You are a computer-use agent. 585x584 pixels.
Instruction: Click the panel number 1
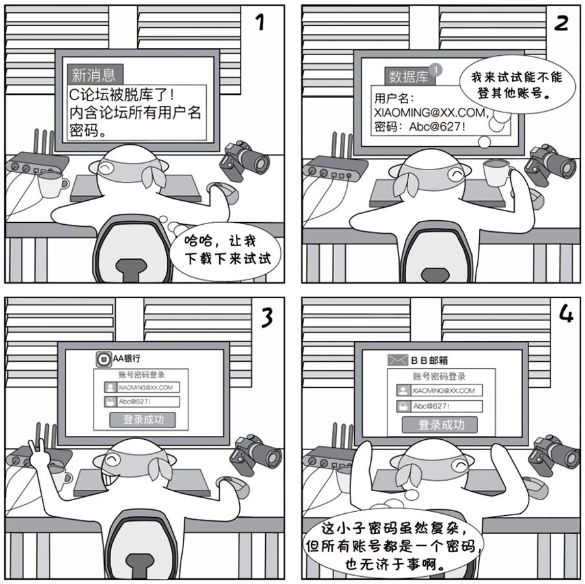pyautogui.click(x=261, y=21)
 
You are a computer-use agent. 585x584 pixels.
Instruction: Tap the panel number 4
pyautogui.click(x=566, y=314)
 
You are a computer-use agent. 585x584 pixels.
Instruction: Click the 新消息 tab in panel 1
pyautogui.click(x=95, y=75)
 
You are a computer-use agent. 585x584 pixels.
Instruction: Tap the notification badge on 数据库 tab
pyautogui.click(x=435, y=70)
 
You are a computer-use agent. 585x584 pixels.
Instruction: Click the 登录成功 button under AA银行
pyautogui.click(x=142, y=420)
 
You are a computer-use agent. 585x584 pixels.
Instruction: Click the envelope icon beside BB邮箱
pyautogui.click(x=398, y=360)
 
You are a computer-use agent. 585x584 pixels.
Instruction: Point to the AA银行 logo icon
pyautogui.click(x=103, y=359)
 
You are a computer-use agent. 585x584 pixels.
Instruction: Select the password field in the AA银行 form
pyautogui.click(x=142, y=401)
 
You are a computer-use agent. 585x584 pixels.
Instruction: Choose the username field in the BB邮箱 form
pyautogui.click(x=439, y=390)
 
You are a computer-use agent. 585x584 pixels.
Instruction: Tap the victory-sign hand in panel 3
pyautogui.click(x=37, y=453)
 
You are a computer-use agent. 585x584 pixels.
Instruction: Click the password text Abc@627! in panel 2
pyautogui.click(x=437, y=127)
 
